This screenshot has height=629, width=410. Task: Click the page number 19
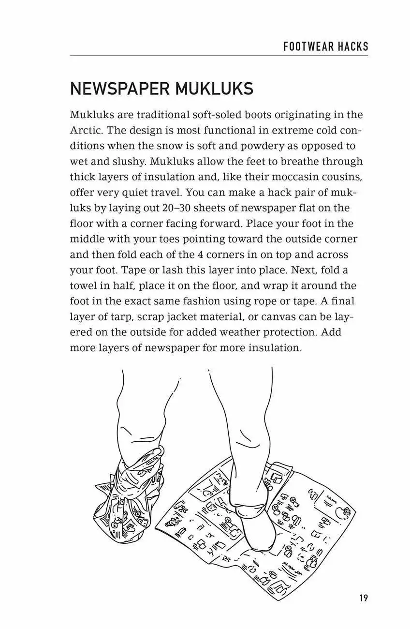coord(364,598)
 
